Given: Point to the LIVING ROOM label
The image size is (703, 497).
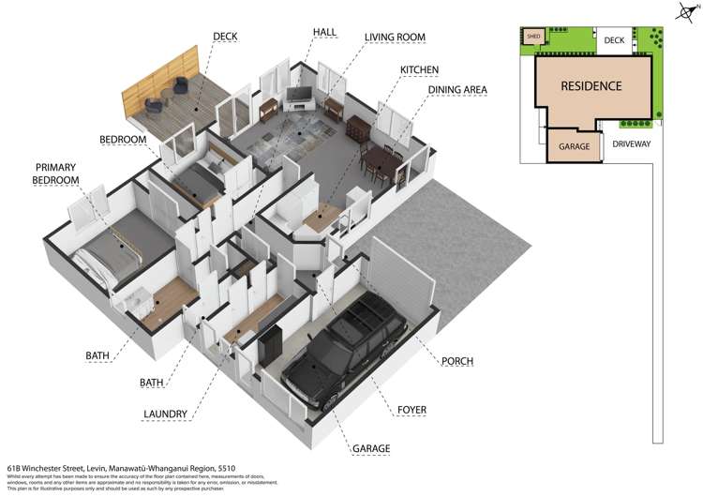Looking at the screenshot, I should point(395,38).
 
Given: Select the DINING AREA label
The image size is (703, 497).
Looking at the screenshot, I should point(457,90).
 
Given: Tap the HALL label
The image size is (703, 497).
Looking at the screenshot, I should point(325,33).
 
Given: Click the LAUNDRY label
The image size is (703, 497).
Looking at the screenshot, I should point(166,414).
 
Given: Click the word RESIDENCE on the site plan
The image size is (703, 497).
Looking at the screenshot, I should point(591,86).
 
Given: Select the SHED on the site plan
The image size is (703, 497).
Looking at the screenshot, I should point(533,37).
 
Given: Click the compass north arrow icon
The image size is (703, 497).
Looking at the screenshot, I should point(683,12).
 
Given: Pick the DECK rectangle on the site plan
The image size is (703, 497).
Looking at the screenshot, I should point(614,40).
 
